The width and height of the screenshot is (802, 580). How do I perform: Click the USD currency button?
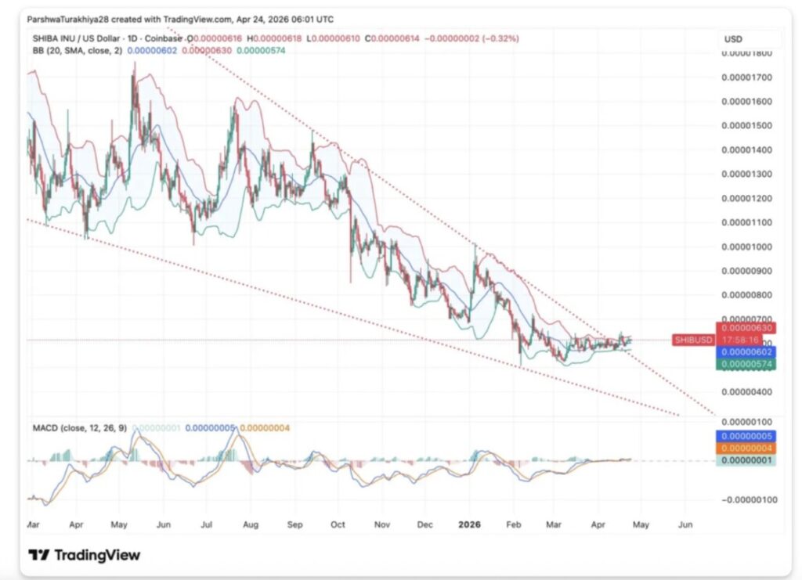coord(734,39)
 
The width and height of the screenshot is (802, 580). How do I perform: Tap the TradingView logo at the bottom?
coord(85,555)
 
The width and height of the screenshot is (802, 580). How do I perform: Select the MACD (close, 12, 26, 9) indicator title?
coord(78,428)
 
